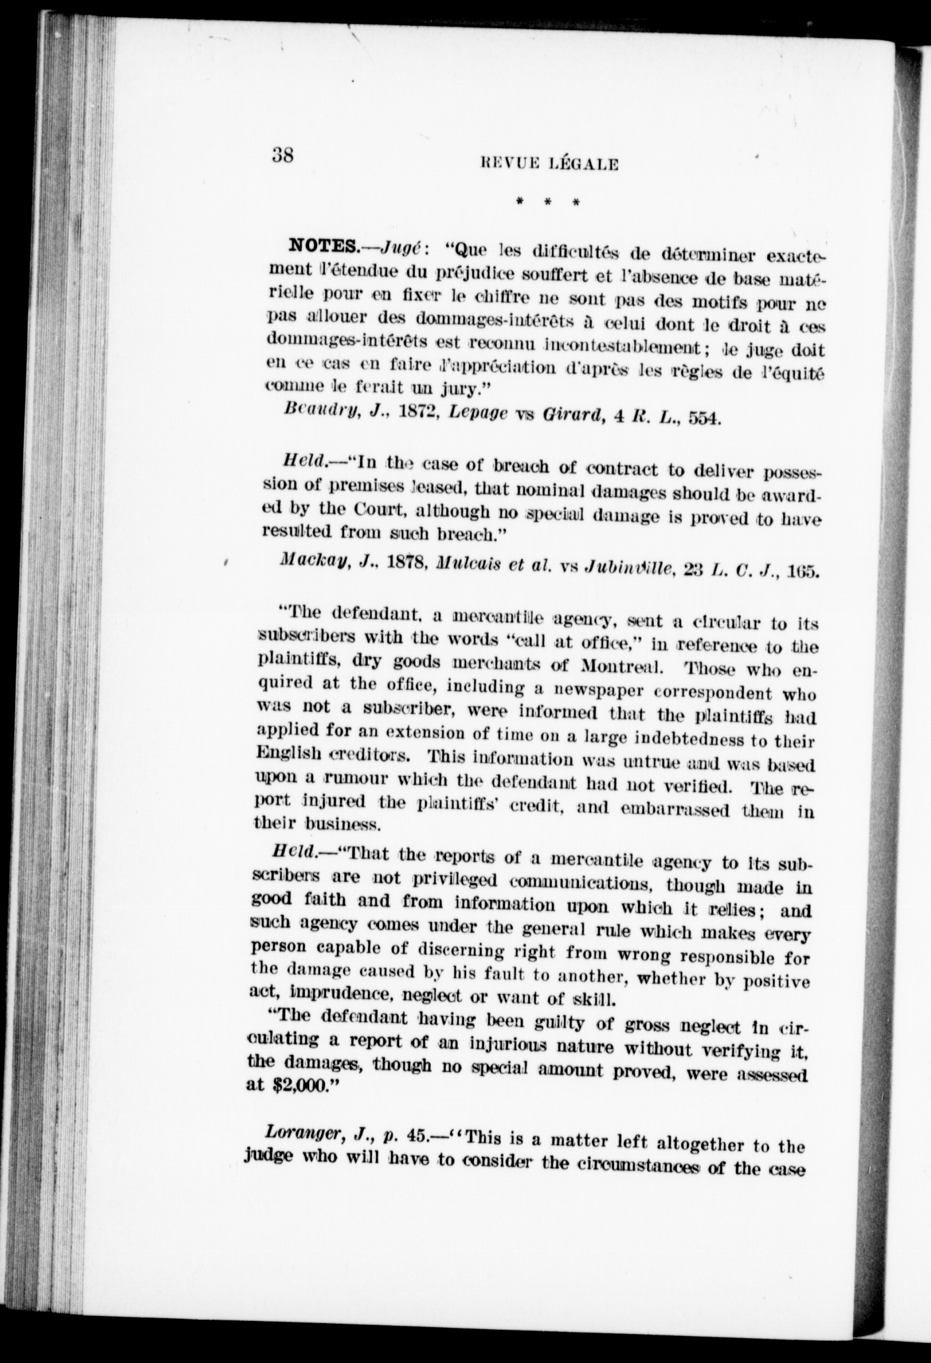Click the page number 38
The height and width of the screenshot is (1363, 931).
pyautogui.click(x=283, y=156)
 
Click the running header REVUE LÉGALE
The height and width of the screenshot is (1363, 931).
pyautogui.click(x=549, y=165)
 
